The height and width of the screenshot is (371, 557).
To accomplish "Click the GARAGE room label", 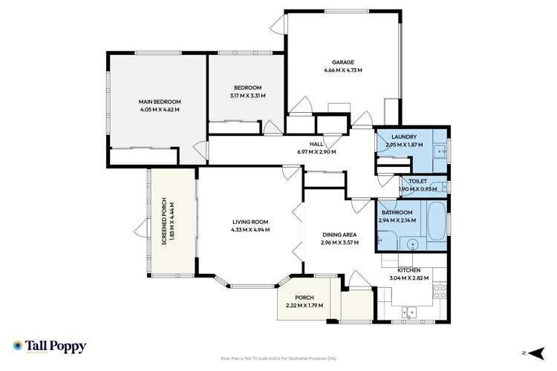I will tap(342, 62).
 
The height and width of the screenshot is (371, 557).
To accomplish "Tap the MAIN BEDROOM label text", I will tap(160, 102).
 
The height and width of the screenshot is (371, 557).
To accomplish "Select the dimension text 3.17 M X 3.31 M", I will tap(247, 96).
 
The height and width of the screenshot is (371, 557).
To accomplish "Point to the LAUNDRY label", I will tap(403, 137).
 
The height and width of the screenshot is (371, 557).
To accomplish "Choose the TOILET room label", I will tap(417, 181).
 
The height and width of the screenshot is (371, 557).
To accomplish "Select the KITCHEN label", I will tap(409, 270).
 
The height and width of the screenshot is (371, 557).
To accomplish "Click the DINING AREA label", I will tap(339, 235).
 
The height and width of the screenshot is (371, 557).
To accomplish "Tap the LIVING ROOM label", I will tap(250, 222).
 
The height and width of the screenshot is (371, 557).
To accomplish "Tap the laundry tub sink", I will tap(439, 153).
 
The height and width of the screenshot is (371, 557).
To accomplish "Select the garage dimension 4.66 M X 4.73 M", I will tap(342, 70).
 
